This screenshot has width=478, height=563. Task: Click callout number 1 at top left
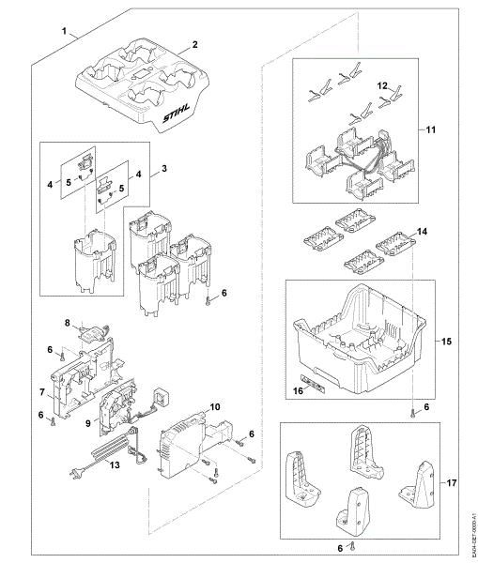(x=65, y=32)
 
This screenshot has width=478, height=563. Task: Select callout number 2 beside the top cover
(x=194, y=44)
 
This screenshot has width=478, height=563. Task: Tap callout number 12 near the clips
(x=383, y=85)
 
